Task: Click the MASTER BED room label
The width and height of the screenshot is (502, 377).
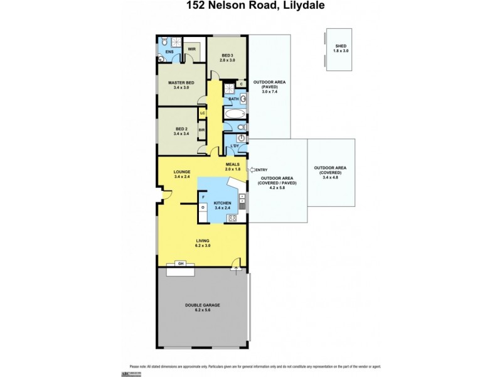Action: (181, 85)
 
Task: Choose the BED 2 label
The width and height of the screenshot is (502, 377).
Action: (181, 130)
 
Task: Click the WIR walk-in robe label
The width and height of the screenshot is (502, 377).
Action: (192, 48)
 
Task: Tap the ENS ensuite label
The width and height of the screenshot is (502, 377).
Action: (169, 52)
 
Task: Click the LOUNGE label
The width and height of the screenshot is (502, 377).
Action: (183, 173)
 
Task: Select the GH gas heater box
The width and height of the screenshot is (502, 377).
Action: (181, 263)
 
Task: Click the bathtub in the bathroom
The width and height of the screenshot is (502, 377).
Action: (235, 115)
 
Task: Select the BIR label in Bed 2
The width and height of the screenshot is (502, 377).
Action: (201, 130)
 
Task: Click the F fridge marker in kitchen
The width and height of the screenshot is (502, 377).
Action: (203, 197)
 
